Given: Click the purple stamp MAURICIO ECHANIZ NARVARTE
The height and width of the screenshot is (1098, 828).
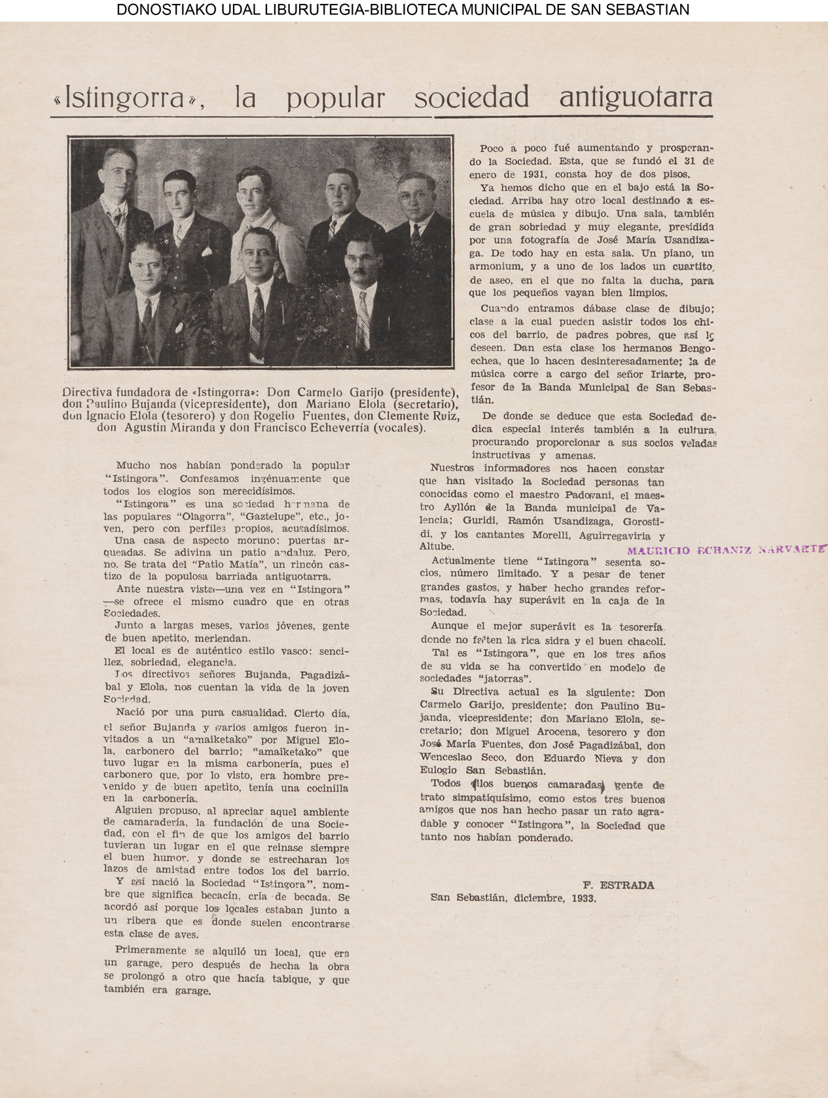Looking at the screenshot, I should [725, 550].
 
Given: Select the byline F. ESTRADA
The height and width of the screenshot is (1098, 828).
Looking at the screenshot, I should [618, 885].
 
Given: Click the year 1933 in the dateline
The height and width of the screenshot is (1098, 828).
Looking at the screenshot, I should [583, 898].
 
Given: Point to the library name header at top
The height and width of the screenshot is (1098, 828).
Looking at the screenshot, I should [403, 10].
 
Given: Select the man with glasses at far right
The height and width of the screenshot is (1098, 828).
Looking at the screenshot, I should [417, 196].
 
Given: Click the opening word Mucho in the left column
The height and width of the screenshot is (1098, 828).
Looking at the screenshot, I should [133, 466].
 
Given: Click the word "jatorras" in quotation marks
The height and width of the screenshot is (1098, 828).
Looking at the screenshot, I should [505, 679].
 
